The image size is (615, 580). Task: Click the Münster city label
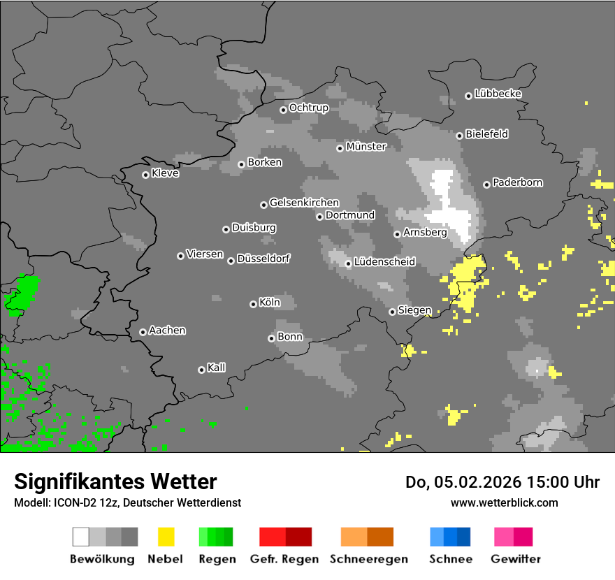366,147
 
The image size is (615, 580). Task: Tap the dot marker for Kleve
145,175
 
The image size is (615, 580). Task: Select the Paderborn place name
517,183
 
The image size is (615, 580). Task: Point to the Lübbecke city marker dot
468,96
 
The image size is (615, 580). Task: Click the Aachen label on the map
167,331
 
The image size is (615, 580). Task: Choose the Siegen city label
414,311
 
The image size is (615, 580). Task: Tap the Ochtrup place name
308,108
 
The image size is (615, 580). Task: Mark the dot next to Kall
201,370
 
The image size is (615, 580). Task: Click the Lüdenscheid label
384,262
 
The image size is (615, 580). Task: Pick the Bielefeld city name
486,134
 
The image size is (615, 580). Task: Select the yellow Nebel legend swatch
166,537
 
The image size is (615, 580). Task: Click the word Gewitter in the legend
515,559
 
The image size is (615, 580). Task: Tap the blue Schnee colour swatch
449,537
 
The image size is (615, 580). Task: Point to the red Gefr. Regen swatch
285,537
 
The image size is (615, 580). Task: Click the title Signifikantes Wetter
115,481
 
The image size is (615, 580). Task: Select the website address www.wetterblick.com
504,502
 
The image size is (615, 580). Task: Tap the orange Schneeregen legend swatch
367,537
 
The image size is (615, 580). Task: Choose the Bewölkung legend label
102,559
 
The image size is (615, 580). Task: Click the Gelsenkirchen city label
304,203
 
